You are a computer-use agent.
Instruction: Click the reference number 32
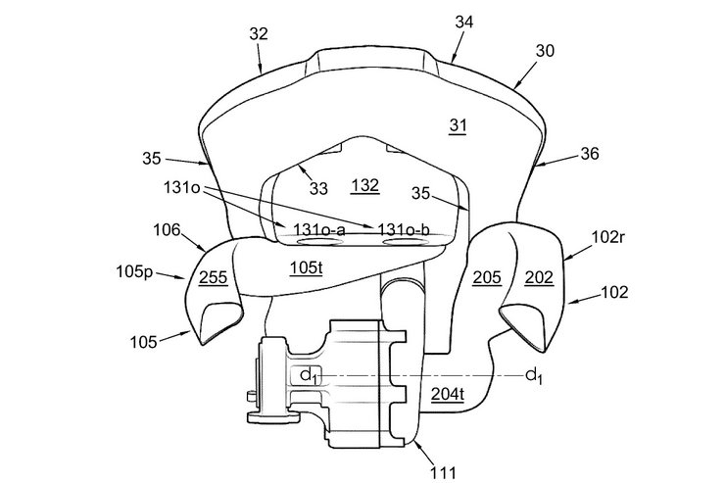[259, 34]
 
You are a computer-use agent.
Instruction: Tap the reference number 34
[464, 22]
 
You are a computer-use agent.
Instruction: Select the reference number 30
[545, 50]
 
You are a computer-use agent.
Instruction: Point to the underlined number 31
[458, 125]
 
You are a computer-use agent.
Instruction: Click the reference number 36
[590, 154]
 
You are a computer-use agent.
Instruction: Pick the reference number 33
[318, 188]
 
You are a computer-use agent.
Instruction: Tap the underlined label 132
[365, 186]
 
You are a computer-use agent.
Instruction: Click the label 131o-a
[318, 229]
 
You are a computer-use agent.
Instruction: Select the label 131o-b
[404, 229]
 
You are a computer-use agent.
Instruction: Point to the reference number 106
[167, 229]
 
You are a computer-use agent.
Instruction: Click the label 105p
[134, 272]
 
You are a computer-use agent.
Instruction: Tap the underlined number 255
[214, 277]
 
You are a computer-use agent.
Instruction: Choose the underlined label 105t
[306, 267]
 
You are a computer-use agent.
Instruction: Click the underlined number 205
[487, 277]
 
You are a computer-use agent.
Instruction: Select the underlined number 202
[539, 277]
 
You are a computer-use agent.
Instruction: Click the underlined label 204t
[448, 394]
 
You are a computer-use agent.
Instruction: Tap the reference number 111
[443, 472]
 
